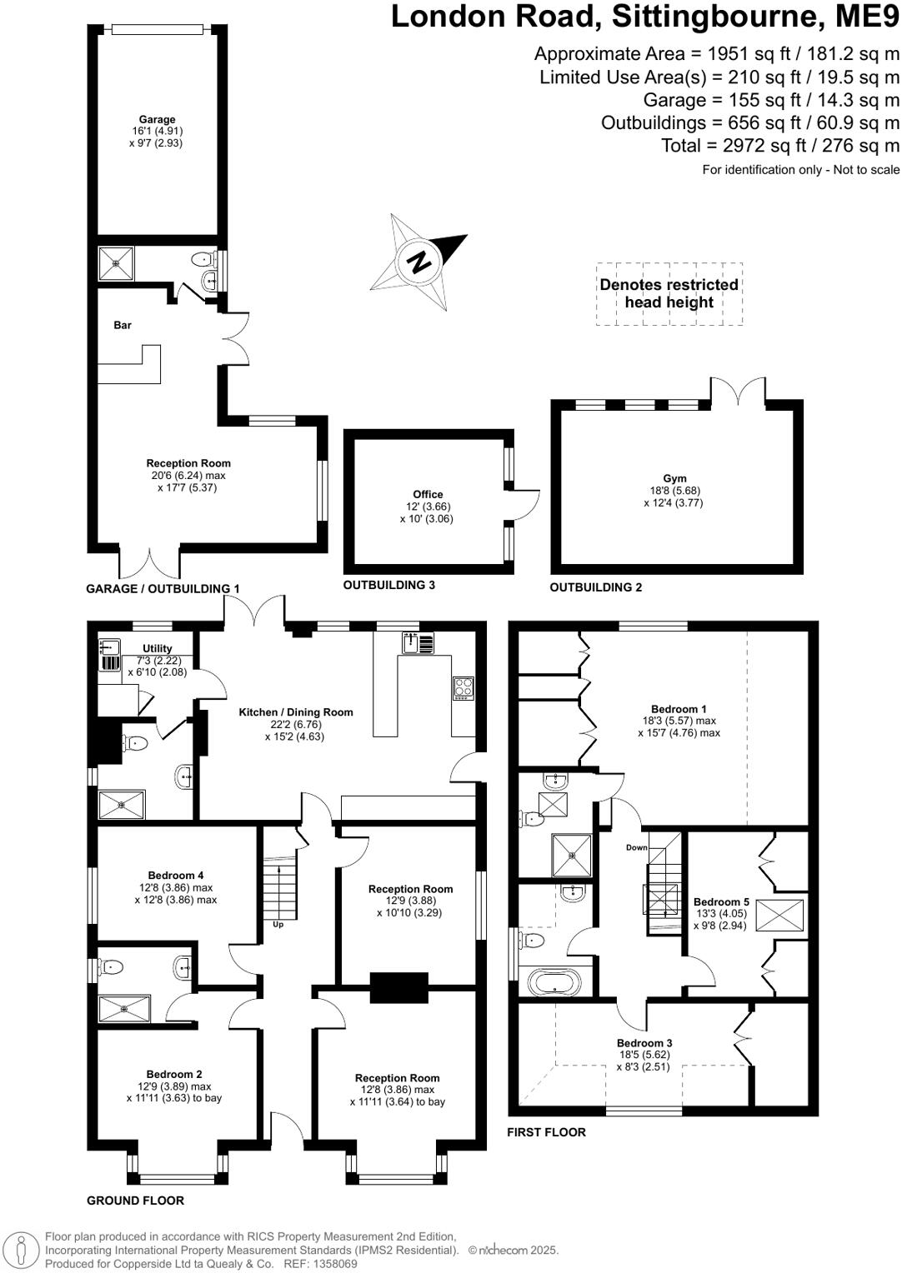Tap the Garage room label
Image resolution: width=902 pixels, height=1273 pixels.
point(157,119)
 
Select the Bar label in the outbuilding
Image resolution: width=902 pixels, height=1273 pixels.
point(123,325)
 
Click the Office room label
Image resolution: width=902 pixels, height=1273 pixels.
point(428,494)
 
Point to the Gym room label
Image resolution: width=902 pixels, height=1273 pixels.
point(674,478)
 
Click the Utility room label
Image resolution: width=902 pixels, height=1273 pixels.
point(157,648)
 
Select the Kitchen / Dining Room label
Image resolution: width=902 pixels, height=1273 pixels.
point(296,712)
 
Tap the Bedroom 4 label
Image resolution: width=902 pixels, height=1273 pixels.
point(176,875)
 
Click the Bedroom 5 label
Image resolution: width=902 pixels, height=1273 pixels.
point(721,901)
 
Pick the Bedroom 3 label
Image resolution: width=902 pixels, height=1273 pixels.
point(644,1042)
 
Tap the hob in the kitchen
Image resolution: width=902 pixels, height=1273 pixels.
point(464,687)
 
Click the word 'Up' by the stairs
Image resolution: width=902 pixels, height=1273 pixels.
point(278,924)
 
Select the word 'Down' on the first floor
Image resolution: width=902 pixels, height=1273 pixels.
point(637,847)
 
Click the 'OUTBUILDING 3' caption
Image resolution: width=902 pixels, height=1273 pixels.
point(389,585)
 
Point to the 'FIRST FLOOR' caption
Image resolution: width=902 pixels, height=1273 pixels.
point(547,1131)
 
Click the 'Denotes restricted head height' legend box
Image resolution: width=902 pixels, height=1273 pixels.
point(669,293)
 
